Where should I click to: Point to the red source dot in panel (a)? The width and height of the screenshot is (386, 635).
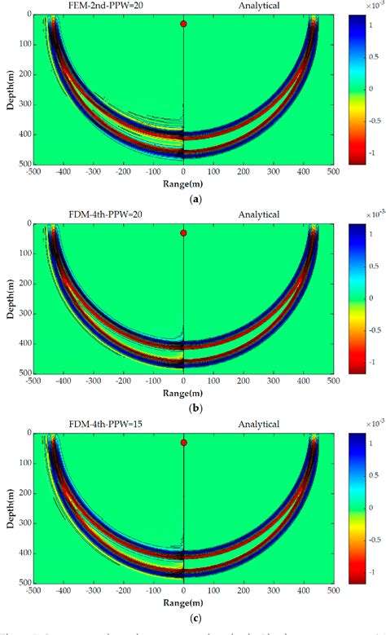tap(184, 24)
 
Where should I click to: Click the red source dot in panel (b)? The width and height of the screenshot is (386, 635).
tap(184, 233)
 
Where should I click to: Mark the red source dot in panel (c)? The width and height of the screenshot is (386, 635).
tap(184, 442)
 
